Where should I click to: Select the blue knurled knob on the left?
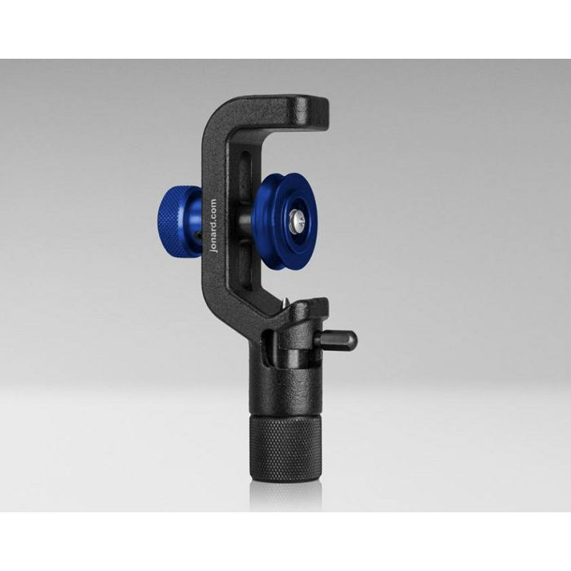point(176,221)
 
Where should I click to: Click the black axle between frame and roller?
point(243,220)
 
